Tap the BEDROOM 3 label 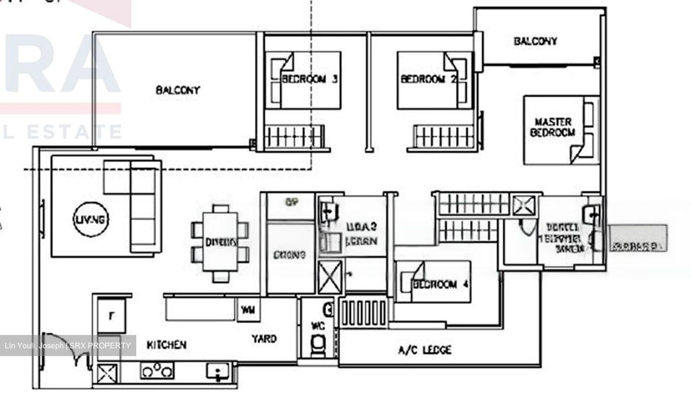310,79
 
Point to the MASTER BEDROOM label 553,127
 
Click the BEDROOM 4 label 441,284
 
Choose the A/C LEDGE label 425,350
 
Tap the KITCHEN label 166,345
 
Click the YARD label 264,339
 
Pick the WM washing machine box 248,310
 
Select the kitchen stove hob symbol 157,371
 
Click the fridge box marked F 112,315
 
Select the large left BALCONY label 178,90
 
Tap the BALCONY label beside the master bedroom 535,41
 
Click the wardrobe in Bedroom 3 294,136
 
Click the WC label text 318,326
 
